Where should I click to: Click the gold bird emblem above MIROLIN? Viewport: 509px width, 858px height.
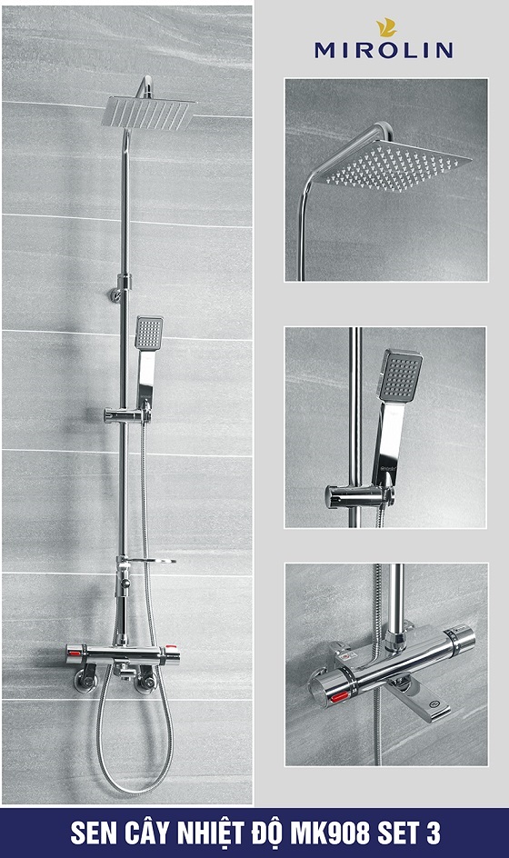click(385, 28)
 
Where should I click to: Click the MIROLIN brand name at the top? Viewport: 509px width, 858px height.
click(384, 50)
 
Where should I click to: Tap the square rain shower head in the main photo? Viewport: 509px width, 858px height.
click(149, 112)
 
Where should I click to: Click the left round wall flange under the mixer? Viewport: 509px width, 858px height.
click(86, 680)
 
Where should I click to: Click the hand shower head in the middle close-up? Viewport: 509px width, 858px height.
click(400, 374)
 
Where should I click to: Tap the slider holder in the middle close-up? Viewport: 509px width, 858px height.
click(359, 496)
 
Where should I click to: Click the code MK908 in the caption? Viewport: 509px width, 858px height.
click(330, 833)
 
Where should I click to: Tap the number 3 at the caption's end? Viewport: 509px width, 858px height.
click(433, 833)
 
